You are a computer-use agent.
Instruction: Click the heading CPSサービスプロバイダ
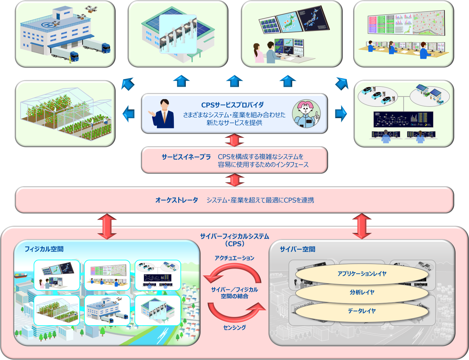232,105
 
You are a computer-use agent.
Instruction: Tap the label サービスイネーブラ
186,157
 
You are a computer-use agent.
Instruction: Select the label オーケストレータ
177,200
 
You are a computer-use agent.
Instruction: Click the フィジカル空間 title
44,249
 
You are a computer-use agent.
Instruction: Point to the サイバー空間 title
297,249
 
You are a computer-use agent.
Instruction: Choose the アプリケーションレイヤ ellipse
362,274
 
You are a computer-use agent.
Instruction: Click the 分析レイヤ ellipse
362,292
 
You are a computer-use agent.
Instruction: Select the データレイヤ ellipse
362,311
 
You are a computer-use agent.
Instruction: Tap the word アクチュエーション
234,258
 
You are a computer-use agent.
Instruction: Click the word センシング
234,327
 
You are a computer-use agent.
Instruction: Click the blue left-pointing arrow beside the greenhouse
129,114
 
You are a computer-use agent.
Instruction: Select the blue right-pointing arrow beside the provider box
341,113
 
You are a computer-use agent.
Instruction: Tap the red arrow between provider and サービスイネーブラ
234,140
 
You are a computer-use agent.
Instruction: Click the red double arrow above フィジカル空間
107,226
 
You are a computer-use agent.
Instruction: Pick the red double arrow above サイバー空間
362,226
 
